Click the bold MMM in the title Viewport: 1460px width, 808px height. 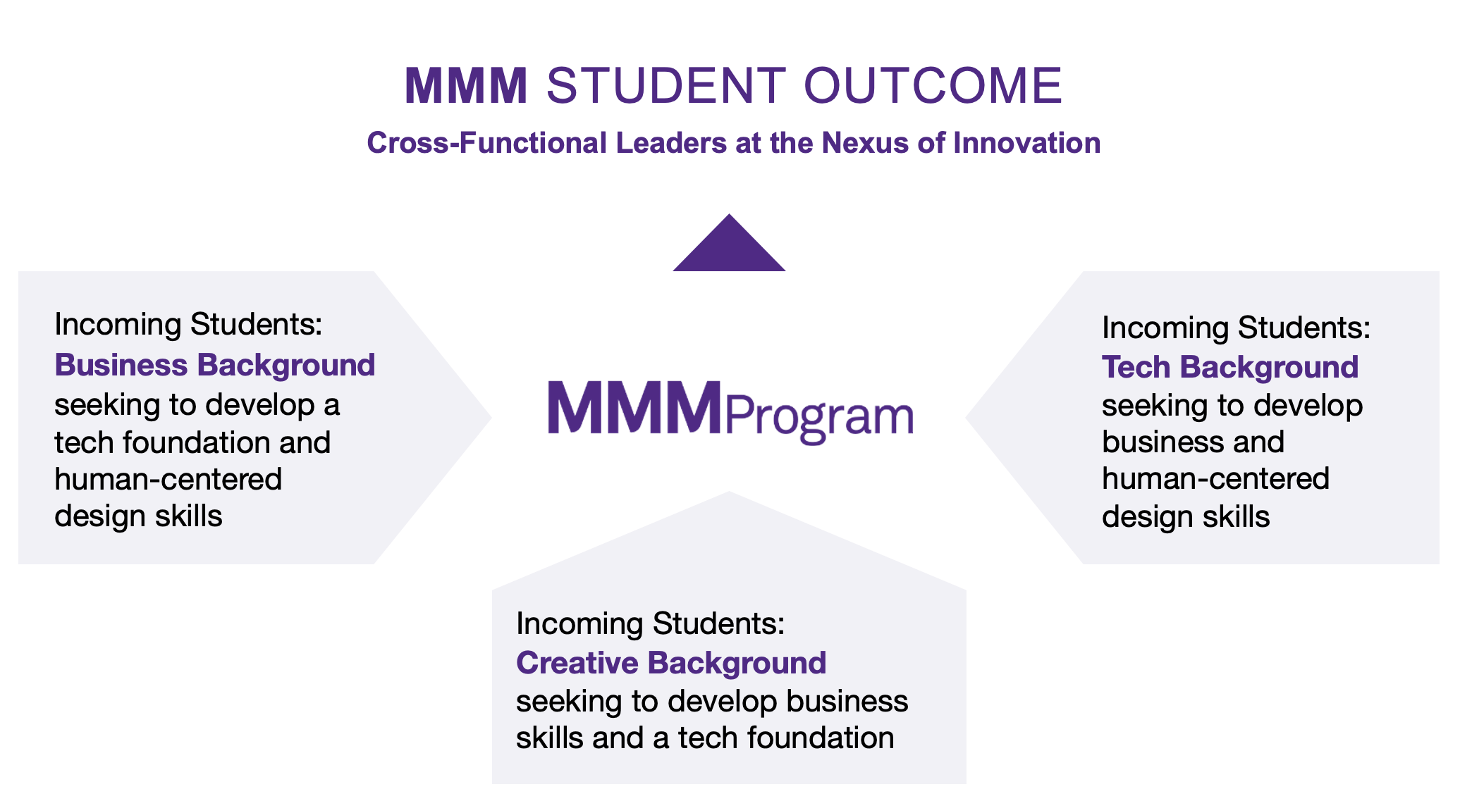(x=466, y=86)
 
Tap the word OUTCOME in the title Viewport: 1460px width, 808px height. (x=933, y=86)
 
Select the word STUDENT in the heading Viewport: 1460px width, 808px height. (x=666, y=86)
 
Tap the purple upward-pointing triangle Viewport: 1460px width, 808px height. (x=729, y=243)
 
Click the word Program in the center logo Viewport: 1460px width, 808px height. (x=819, y=418)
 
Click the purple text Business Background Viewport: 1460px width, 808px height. (x=215, y=366)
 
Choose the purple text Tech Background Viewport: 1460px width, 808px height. (x=1230, y=367)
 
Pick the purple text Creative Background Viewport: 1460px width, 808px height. (x=671, y=663)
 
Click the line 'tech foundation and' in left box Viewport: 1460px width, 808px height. (x=192, y=442)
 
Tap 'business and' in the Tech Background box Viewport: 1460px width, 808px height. (x=1194, y=442)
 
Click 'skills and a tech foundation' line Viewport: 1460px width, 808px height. (x=705, y=738)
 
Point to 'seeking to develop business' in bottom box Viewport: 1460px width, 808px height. (x=712, y=702)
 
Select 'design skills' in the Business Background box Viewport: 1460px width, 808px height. (x=138, y=516)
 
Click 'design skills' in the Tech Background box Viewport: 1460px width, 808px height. (x=1186, y=517)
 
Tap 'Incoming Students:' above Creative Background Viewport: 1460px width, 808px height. (x=651, y=624)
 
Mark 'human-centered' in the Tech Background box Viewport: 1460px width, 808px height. (x=1216, y=479)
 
